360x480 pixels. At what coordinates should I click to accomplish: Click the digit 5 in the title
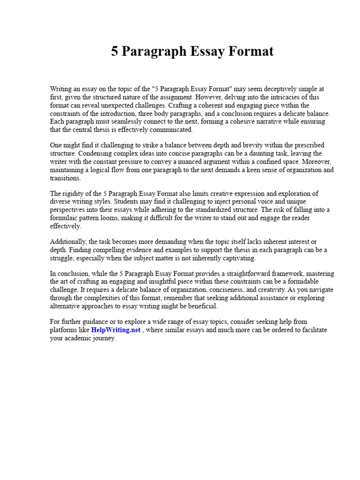pos(115,51)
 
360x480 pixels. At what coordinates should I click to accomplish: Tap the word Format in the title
pos(250,51)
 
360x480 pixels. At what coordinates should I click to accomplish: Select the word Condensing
pos(97,153)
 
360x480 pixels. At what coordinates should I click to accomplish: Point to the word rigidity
pos(74,194)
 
